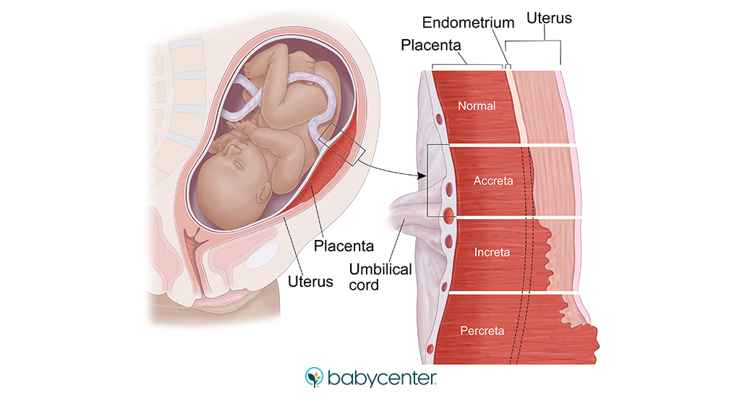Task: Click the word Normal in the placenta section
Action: [477, 106]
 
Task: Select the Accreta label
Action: [493, 181]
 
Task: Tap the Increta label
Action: [492, 252]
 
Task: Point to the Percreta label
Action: [482, 330]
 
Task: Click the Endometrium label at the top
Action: [468, 22]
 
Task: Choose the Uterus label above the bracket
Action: [549, 18]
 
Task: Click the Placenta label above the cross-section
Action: [430, 45]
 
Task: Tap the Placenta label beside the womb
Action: [344, 246]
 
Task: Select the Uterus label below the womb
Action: [310, 281]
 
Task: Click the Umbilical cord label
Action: [380, 277]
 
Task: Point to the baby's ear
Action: [263, 193]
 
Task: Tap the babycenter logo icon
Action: [314, 377]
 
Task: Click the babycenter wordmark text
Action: [382, 379]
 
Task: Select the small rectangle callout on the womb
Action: [341, 145]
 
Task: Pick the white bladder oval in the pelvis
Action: [262, 255]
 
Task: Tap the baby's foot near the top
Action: [303, 62]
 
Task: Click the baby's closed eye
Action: [239, 163]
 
